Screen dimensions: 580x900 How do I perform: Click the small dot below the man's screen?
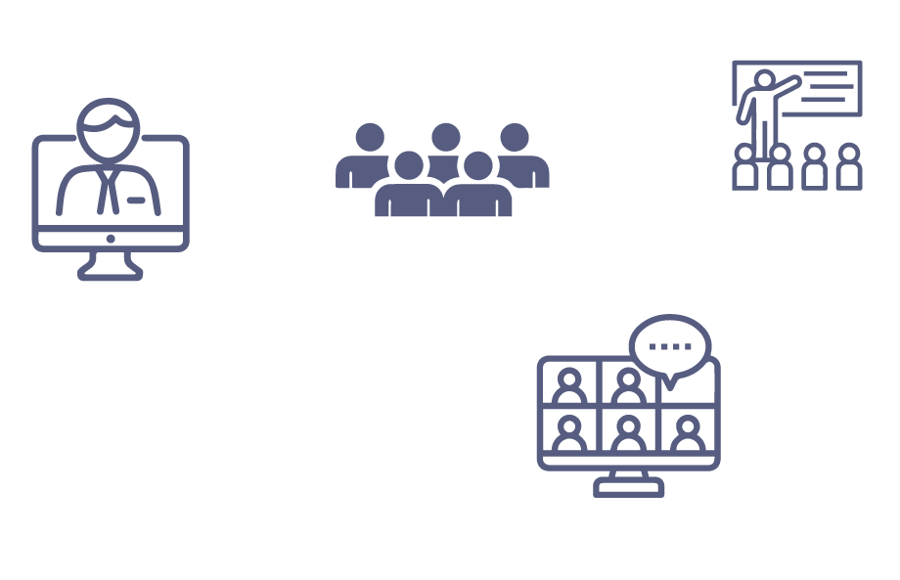tap(111, 239)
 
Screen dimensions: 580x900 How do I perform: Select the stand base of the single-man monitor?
tap(111, 274)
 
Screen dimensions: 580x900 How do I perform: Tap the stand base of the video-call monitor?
tap(629, 488)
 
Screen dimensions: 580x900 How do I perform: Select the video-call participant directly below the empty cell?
tap(689, 433)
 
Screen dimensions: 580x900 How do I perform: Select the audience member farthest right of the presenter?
tap(848, 167)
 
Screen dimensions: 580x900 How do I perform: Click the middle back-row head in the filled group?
tap(445, 136)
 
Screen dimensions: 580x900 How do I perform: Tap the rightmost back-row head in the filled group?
tap(515, 136)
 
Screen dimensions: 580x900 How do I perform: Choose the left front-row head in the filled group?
tap(410, 165)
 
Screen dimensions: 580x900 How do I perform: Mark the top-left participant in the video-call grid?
tap(569, 386)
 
